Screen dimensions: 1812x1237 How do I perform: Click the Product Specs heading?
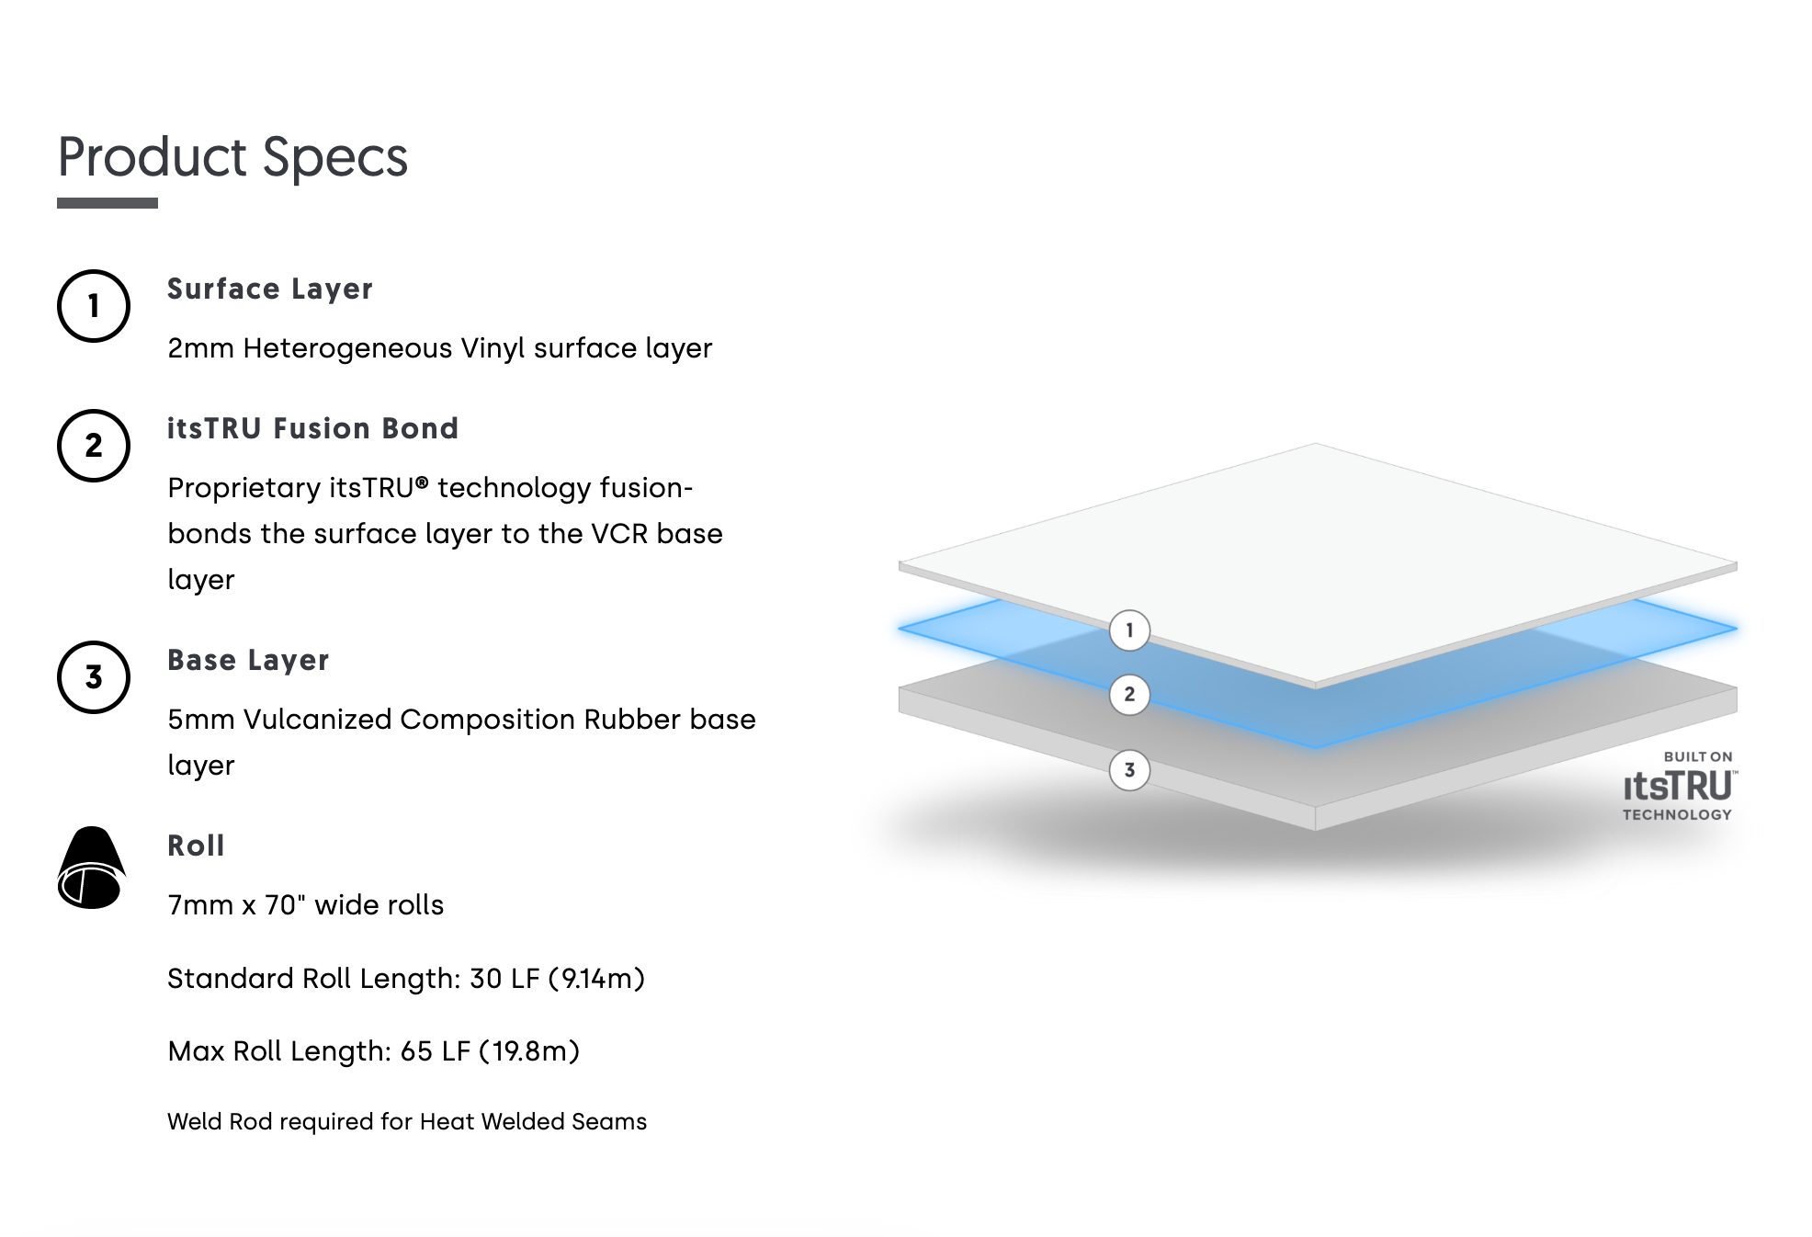pyautogui.click(x=232, y=157)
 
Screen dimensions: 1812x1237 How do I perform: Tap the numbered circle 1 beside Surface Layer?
pyautogui.click(x=94, y=306)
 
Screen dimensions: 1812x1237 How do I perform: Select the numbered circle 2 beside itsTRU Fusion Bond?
pyautogui.click(x=94, y=446)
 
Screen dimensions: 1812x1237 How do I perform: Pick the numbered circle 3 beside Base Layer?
pyautogui.click(x=94, y=677)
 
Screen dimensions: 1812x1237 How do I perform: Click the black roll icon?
pyautogui.click(x=91, y=868)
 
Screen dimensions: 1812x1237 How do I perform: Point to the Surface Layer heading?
pyautogui.click(x=270, y=289)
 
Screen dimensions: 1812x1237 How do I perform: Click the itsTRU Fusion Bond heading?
pyautogui.click(x=312, y=428)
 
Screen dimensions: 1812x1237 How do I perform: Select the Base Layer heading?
pyautogui.click(x=248, y=661)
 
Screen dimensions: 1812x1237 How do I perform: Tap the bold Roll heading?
pyautogui.click(x=196, y=845)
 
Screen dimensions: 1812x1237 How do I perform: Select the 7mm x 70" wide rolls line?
pyautogui.click(x=305, y=905)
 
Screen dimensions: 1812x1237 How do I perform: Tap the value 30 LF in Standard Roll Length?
pyautogui.click(x=504, y=979)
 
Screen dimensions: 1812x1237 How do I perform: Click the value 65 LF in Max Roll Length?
pyautogui.click(x=436, y=1051)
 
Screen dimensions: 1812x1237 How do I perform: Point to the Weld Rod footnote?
pyautogui.click(x=407, y=1122)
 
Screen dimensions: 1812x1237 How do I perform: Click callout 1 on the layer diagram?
pyautogui.click(x=1129, y=630)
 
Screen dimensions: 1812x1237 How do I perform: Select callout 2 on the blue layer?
pyautogui.click(x=1129, y=694)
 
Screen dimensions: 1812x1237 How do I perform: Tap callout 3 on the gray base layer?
pyautogui.click(x=1129, y=770)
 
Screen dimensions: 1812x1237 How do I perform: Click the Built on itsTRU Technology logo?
pyautogui.click(x=1679, y=786)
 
